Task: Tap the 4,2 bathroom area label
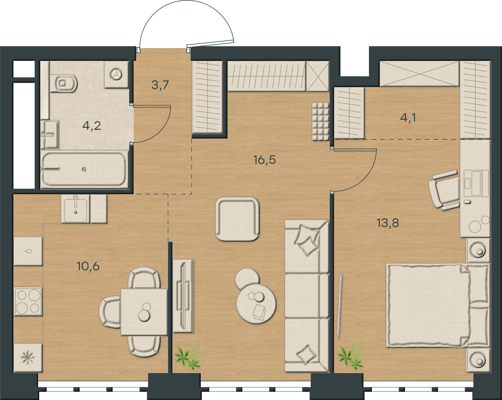tap(92, 126)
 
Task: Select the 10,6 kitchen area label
tap(88, 267)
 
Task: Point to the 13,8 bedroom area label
tap(388, 223)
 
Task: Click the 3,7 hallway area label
tap(160, 85)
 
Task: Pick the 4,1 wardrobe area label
tap(408, 118)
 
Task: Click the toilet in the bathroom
tap(64, 84)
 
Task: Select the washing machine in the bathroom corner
tap(116, 75)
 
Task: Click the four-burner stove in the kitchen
tap(28, 301)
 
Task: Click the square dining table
tap(144, 312)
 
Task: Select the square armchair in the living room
tap(237, 219)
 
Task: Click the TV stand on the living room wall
tap(183, 296)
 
